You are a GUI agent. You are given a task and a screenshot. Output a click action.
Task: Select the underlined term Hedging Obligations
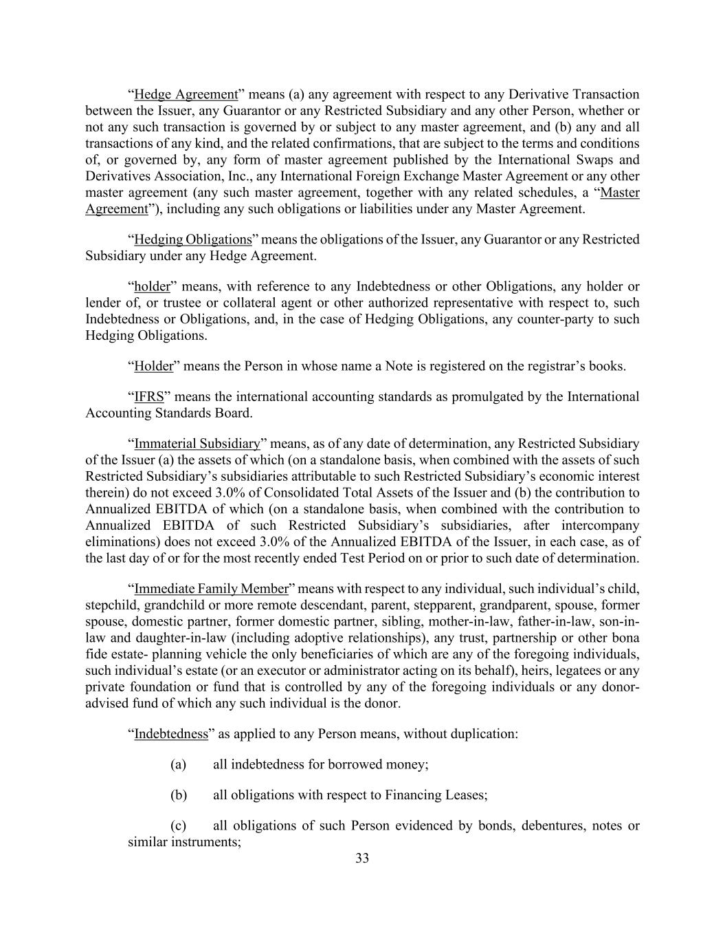[193, 239]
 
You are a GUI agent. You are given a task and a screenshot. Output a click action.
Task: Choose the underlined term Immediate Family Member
[211, 589]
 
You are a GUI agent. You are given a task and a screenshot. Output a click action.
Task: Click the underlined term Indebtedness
[171, 734]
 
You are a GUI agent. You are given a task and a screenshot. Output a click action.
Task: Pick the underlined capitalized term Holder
[154, 366]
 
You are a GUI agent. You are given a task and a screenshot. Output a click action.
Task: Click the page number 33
[362, 859]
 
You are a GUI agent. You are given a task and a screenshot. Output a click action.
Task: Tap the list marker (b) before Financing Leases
[179, 795]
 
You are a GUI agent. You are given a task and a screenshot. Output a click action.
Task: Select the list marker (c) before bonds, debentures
[179, 825]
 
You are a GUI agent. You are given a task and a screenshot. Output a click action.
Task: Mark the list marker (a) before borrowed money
[179, 764]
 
